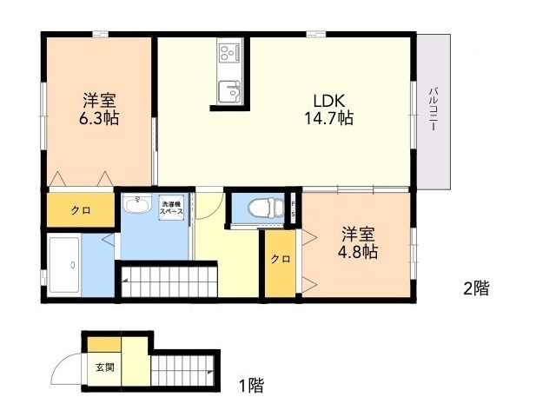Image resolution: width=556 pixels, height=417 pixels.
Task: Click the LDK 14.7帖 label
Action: pos(329,109)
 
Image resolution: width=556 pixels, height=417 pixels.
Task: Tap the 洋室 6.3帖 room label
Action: pos(99,109)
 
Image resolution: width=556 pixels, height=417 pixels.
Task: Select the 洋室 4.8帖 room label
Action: pos(358,243)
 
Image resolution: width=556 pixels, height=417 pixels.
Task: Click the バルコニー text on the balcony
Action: pos(433,109)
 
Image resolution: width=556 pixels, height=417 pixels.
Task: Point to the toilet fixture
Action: pos(266,207)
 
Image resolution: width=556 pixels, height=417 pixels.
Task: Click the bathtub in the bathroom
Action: pos(64,265)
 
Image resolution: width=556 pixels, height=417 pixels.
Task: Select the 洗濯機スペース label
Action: pos(172,208)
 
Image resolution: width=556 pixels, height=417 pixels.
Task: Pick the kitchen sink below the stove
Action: pos(229,91)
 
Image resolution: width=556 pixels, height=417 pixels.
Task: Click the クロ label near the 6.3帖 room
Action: pos(81,210)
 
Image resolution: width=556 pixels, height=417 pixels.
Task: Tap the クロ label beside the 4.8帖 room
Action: pos(281,259)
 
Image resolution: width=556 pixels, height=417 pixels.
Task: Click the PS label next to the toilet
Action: pos(294,209)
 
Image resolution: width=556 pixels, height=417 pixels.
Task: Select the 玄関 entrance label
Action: pos(105,367)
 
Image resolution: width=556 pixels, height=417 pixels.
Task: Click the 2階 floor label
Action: pos(476,288)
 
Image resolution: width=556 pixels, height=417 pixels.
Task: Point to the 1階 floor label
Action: pos(251,386)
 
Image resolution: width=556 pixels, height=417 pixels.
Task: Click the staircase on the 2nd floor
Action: pos(169,281)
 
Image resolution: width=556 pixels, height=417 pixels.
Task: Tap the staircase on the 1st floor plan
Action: pos(182,371)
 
